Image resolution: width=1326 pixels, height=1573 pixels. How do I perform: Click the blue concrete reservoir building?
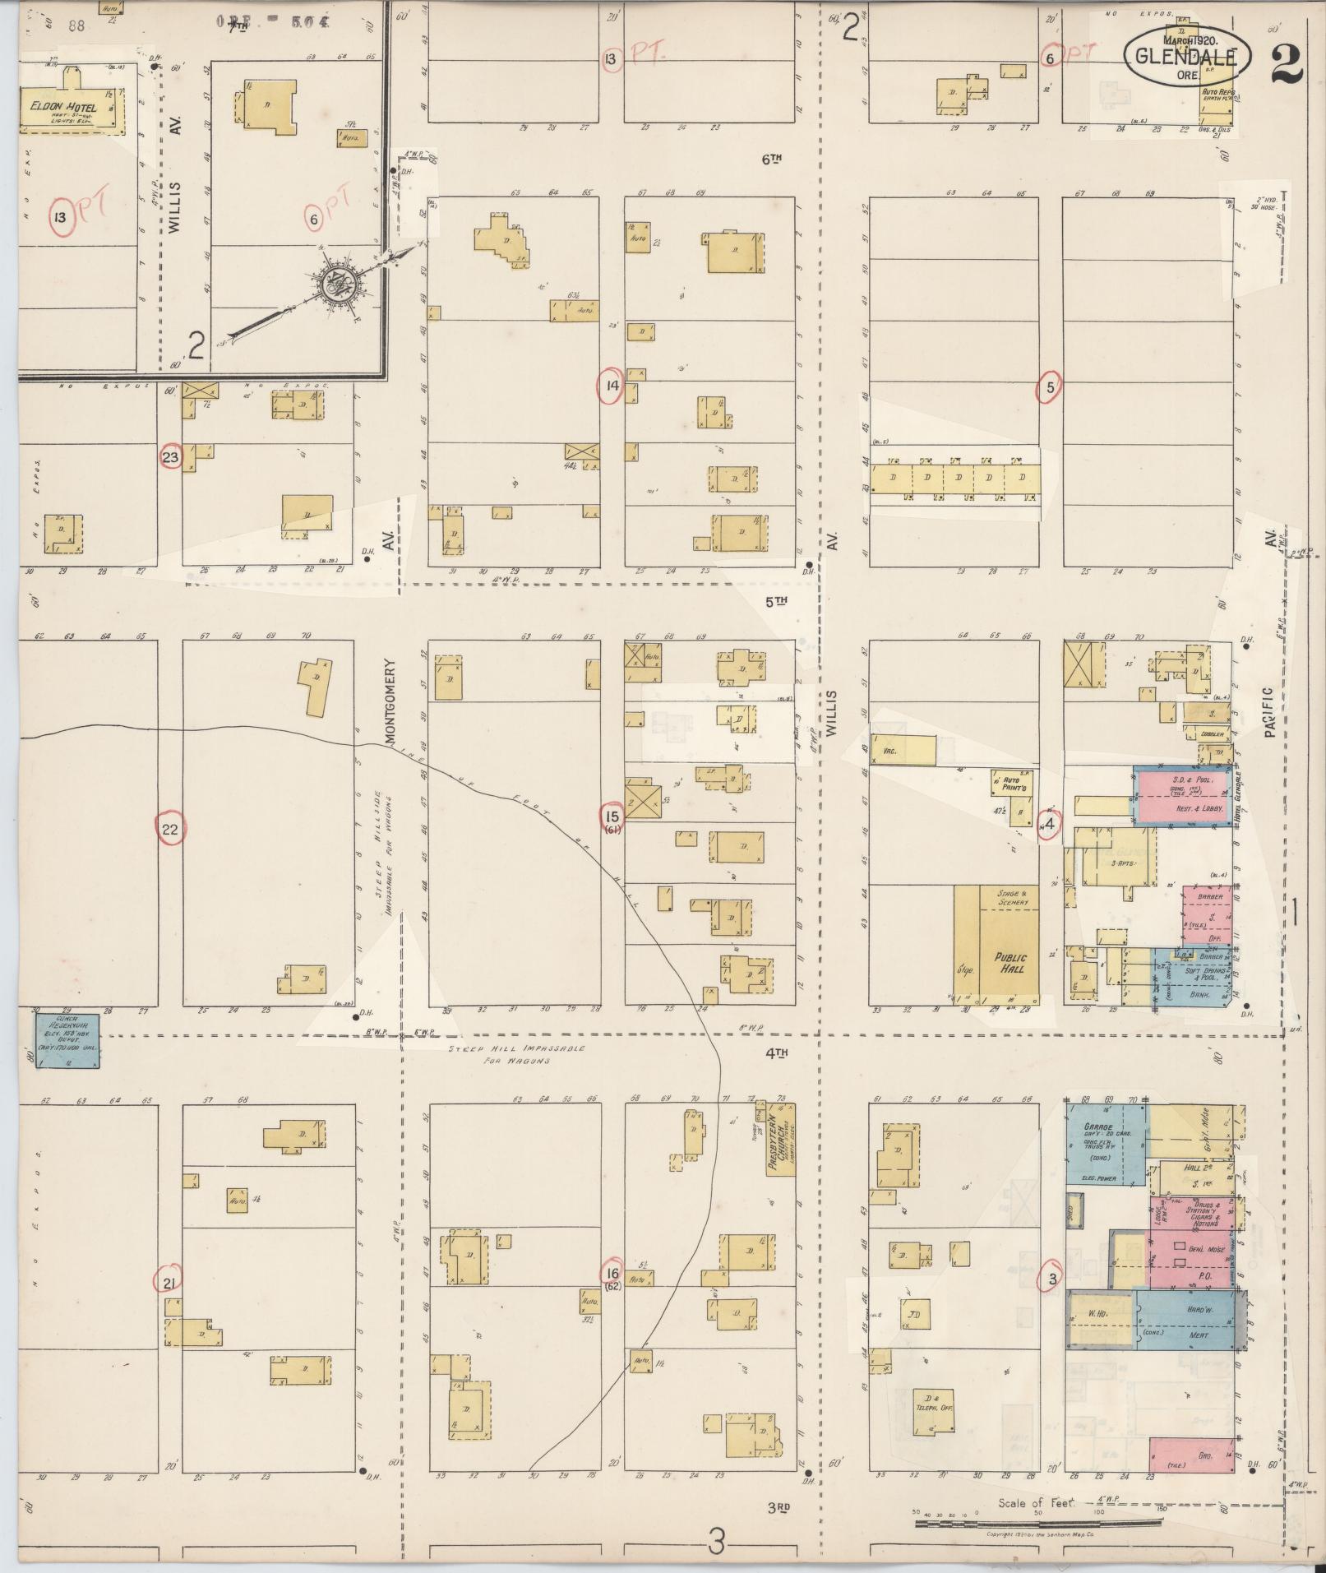(x=67, y=1039)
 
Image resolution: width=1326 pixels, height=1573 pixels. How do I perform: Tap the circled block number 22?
(x=170, y=829)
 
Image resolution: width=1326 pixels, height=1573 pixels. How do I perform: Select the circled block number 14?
(x=610, y=386)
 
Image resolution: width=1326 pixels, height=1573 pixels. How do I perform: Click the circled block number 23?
(x=170, y=458)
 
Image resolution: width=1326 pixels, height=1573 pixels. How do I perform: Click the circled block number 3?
(x=1051, y=1279)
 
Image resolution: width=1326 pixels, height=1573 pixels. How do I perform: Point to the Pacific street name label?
(x=1270, y=711)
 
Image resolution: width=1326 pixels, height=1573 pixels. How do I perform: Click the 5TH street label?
(x=776, y=601)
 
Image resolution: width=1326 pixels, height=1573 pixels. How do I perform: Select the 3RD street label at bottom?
(x=779, y=1507)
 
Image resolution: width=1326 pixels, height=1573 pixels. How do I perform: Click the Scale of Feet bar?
(x=1039, y=1522)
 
